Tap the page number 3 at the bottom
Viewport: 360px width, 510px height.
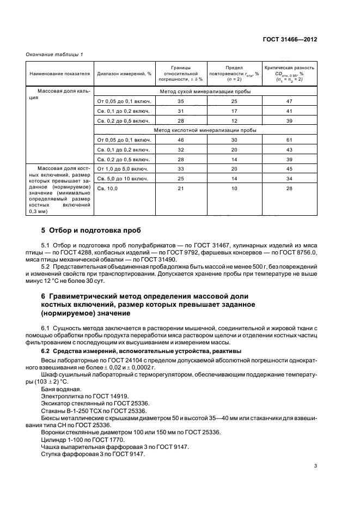click(x=316, y=466)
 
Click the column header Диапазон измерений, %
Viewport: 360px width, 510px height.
click(x=124, y=73)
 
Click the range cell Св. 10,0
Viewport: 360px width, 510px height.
click(x=107, y=189)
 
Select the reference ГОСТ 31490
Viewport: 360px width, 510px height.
click(x=170, y=259)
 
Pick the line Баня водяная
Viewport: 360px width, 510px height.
click(x=60, y=388)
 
